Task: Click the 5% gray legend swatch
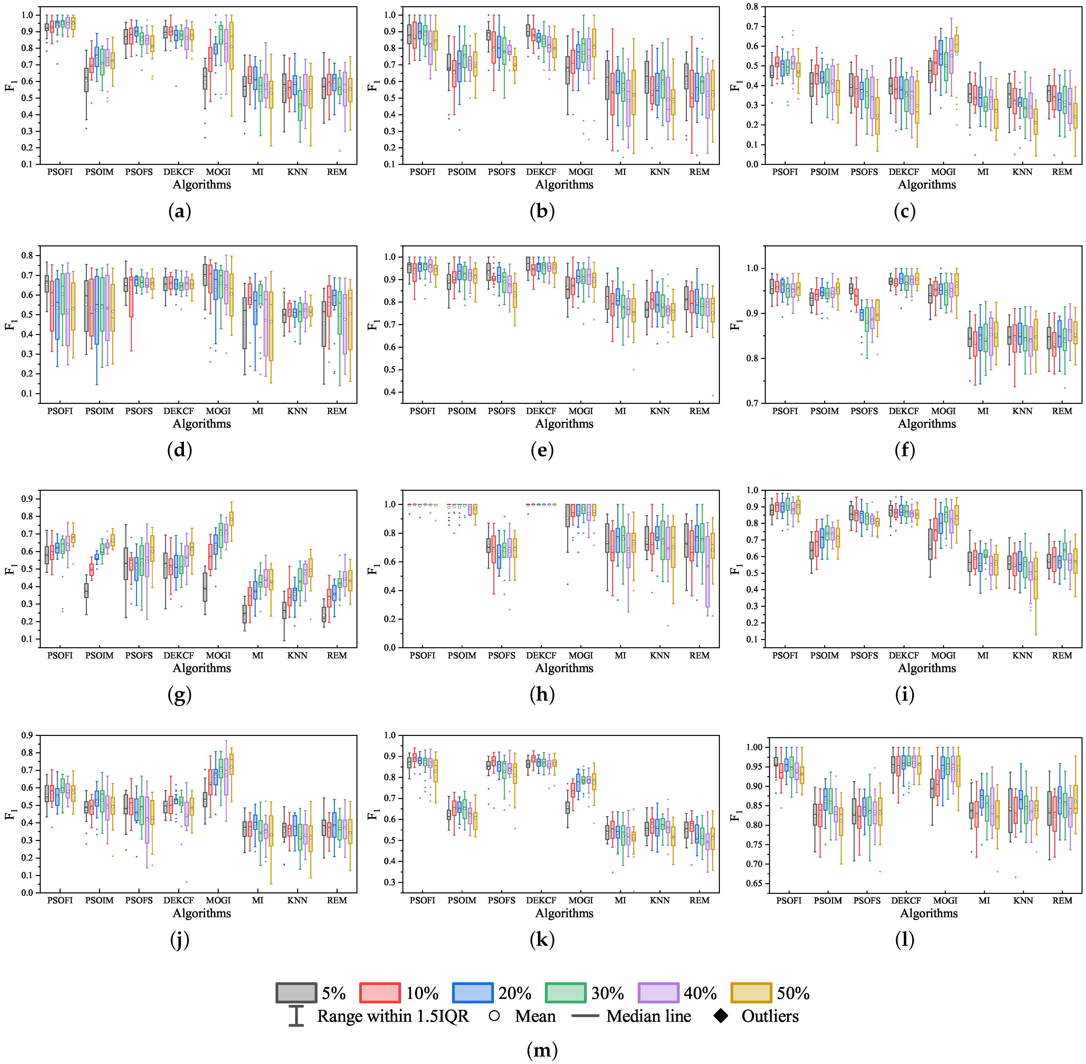tap(296, 993)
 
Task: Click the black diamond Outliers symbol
tap(721, 1016)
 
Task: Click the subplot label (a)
tap(179, 211)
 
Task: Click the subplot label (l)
tap(905, 940)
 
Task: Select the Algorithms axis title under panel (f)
tap(927, 424)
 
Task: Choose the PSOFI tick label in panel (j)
tap(60, 900)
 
